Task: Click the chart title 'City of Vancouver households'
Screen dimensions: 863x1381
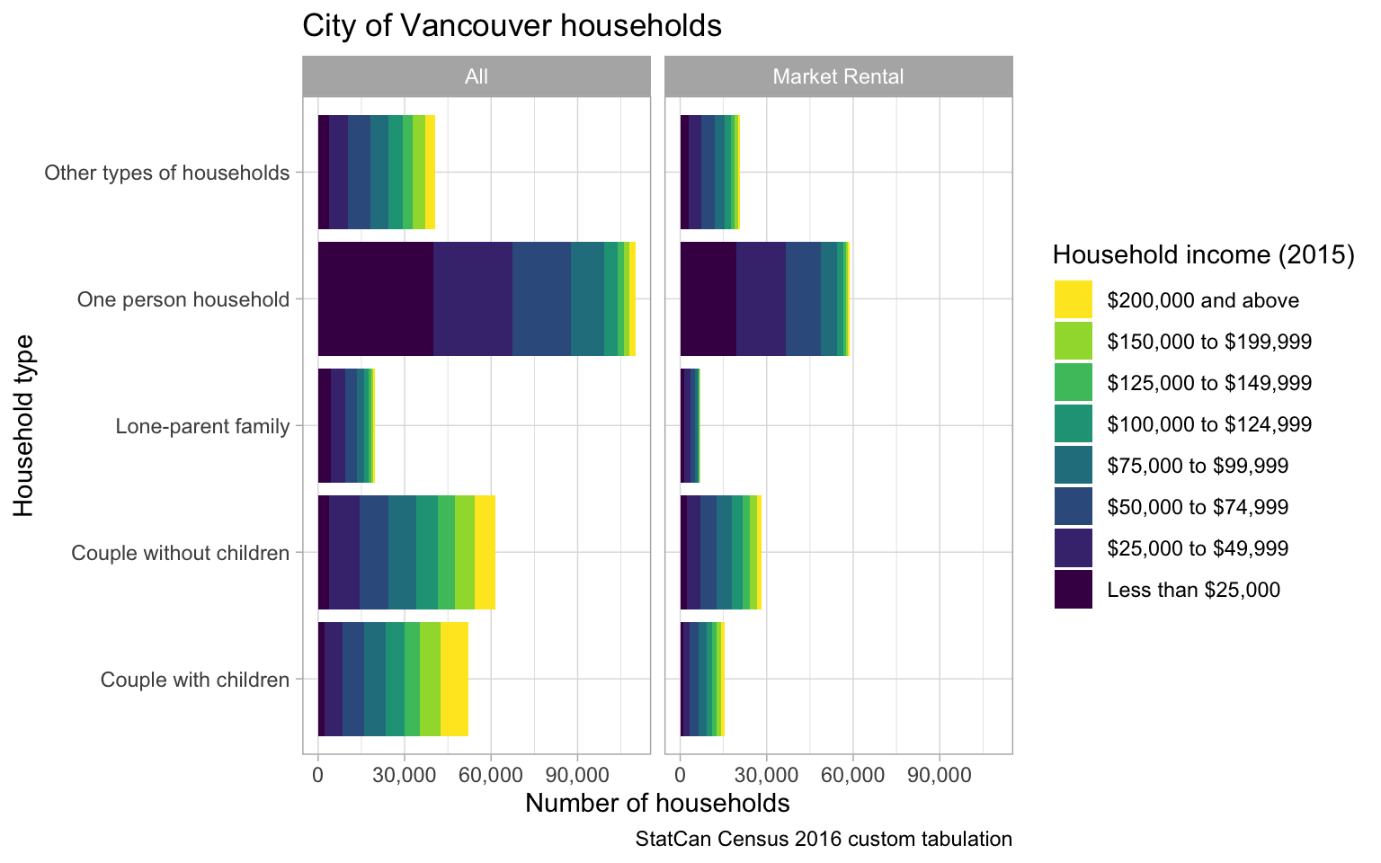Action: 512,26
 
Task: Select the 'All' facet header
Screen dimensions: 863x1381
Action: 476,76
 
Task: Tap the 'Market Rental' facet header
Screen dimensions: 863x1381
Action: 838,76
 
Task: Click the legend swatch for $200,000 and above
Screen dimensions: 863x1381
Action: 1073,299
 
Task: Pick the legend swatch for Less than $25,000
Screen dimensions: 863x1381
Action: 1073,590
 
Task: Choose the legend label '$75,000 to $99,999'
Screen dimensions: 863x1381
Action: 1198,466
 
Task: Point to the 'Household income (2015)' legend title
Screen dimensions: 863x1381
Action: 1203,255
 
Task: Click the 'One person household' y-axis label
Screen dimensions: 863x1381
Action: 183,298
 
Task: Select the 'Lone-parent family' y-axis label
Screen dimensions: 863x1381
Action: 202,426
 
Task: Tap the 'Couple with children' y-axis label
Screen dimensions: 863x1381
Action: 195,680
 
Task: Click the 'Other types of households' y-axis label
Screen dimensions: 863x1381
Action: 167,173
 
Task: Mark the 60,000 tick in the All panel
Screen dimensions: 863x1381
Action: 490,774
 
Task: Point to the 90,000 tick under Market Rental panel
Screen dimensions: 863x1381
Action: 939,774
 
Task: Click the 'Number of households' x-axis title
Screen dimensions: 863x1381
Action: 657,803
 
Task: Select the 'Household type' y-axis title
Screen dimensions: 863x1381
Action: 24,425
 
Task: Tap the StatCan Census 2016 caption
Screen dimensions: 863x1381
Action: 824,840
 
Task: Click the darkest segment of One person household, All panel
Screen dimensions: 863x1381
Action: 375,298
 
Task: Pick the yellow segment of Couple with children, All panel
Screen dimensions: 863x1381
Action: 454,679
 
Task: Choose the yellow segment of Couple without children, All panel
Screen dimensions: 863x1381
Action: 485,552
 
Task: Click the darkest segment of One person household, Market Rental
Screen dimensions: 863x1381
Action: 708,298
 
